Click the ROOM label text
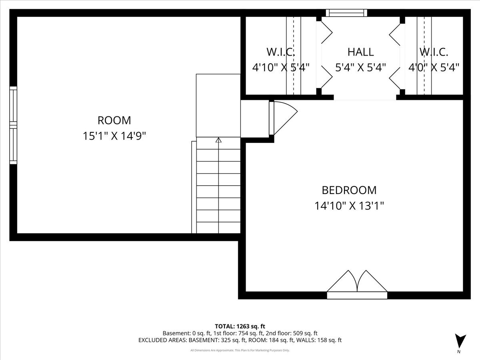pos(114,120)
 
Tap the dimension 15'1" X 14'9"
pos(114,136)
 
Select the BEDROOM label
pos(349,190)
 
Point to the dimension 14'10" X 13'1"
pos(349,206)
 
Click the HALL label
pos(360,52)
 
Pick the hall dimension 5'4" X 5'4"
pos(360,68)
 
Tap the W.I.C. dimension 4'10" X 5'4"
pos(280,68)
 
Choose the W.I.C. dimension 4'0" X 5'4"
pos(434,68)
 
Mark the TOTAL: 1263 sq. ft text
pos(240,326)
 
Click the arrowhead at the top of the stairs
pos(218,140)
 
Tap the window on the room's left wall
pos(13,125)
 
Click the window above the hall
pos(346,13)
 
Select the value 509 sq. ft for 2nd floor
pos(301,333)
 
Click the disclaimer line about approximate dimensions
pos(240,350)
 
